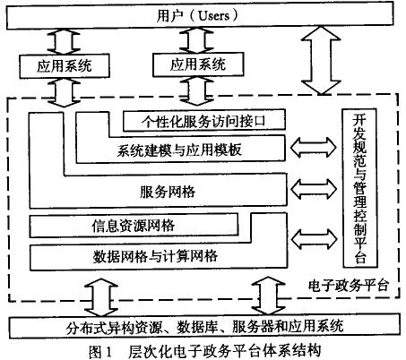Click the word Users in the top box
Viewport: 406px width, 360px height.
point(214,15)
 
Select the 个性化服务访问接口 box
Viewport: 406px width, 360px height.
point(204,120)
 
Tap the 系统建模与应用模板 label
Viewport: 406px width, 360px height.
point(179,150)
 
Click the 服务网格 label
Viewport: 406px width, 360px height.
point(168,192)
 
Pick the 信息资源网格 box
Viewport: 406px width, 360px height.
point(134,226)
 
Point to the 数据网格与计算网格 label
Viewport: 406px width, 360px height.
point(155,256)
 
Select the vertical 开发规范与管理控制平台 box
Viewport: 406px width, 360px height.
point(359,188)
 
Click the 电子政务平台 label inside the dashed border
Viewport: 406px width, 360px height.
point(349,286)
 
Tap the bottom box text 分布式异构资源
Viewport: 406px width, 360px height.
point(115,327)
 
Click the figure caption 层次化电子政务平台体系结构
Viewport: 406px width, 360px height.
point(225,351)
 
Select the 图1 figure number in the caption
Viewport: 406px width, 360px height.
point(100,352)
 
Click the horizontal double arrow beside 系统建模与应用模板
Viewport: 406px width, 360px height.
point(313,147)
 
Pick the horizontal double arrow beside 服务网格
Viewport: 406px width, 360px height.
point(313,189)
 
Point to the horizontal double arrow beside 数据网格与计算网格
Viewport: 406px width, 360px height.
point(314,239)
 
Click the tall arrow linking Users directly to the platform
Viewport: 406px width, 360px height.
point(321,61)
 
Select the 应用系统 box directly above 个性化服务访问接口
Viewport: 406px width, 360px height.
point(198,64)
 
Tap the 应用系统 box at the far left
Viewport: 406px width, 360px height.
point(65,66)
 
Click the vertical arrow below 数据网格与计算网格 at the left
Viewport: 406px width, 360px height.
point(101,297)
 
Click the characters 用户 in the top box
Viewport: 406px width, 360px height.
point(169,15)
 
